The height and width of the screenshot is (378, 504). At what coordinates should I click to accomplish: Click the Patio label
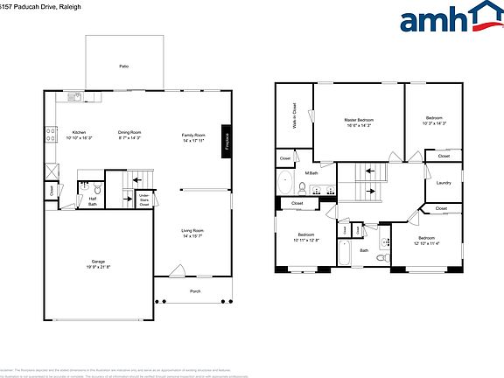click(123, 66)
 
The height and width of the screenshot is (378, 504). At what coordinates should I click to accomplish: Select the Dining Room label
click(129, 132)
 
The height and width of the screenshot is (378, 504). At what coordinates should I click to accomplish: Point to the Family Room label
click(192, 135)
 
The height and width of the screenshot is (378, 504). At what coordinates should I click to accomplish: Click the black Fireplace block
click(227, 138)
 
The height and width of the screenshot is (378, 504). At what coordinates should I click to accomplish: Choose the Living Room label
click(192, 230)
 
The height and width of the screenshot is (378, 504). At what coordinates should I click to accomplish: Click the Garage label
click(97, 260)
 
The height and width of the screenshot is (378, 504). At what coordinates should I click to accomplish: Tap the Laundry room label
click(443, 183)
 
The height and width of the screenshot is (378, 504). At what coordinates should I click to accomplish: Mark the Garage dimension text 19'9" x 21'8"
click(97, 266)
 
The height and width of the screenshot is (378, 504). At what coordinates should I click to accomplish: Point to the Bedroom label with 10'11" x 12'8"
click(305, 234)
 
